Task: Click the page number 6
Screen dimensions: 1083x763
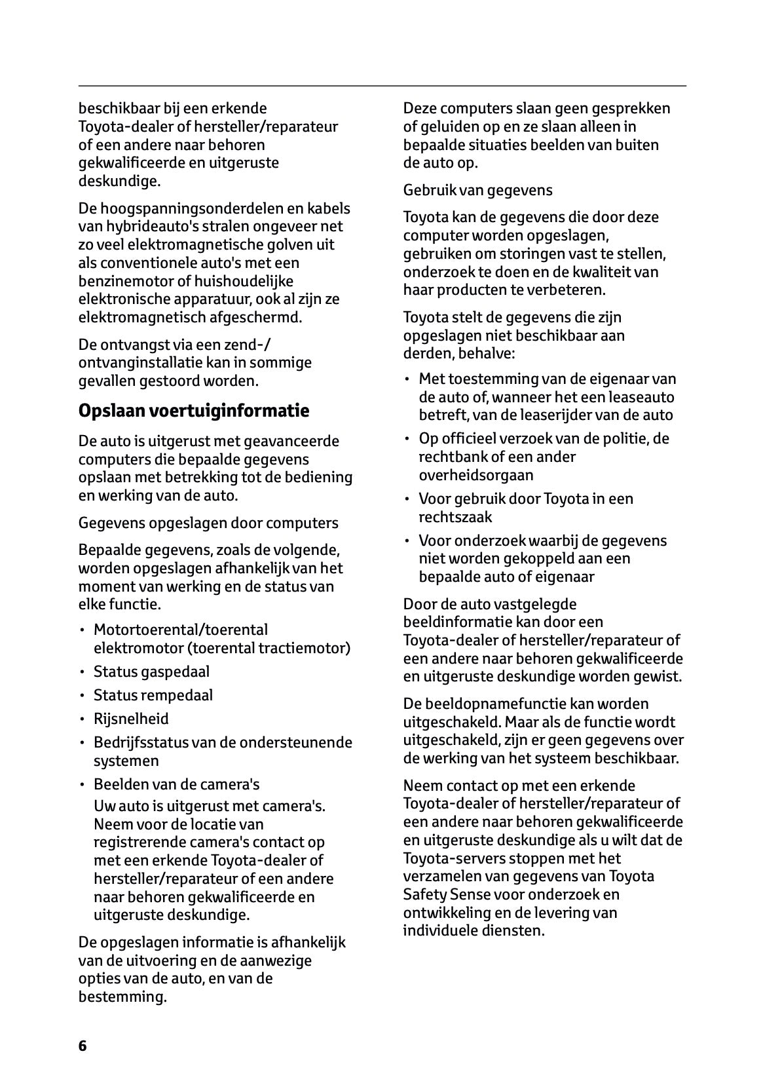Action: coord(83,1045)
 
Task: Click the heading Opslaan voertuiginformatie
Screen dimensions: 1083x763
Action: coord(193,411)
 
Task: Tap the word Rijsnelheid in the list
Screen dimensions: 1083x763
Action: coord(131,719)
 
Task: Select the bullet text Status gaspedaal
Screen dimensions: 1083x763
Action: coord(151,672)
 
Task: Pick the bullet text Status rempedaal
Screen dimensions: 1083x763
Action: coord(153,695)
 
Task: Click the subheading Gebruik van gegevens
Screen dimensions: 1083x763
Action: coord(477,190)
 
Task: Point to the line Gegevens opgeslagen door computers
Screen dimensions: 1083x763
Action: coord(208,523)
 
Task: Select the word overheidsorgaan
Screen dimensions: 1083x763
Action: coord(476,475)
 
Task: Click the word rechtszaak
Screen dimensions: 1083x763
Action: coord(455,517)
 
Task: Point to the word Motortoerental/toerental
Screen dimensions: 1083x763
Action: coord(181,630)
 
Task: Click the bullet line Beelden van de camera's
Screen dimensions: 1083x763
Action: coord(176,784)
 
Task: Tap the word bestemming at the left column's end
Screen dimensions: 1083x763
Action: coord(121,997)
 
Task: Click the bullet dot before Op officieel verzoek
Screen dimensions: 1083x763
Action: coord(407,439)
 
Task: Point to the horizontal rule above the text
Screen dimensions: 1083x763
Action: coord(382,86)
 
